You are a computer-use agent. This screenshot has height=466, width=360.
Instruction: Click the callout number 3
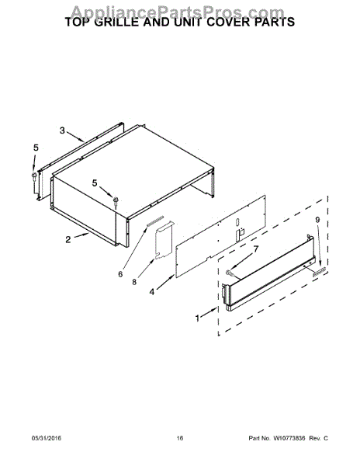click(62, 130)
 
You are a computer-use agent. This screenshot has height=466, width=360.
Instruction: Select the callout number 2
click(68, 239)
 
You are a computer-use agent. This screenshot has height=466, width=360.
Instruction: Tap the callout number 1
click(197, 318)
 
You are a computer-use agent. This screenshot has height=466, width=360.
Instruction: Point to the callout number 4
click(151, 292)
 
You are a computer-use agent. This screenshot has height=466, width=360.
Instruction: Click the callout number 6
click(120, 274)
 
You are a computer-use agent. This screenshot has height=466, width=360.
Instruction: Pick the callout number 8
click(134, 282)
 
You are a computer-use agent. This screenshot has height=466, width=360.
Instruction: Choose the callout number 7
click(255, 249)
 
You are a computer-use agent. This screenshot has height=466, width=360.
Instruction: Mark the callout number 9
click(317, 220)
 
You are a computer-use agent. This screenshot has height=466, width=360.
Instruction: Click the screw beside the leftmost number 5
click(34, 176)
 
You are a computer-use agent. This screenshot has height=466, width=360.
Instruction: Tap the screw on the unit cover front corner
click(116, 201)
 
